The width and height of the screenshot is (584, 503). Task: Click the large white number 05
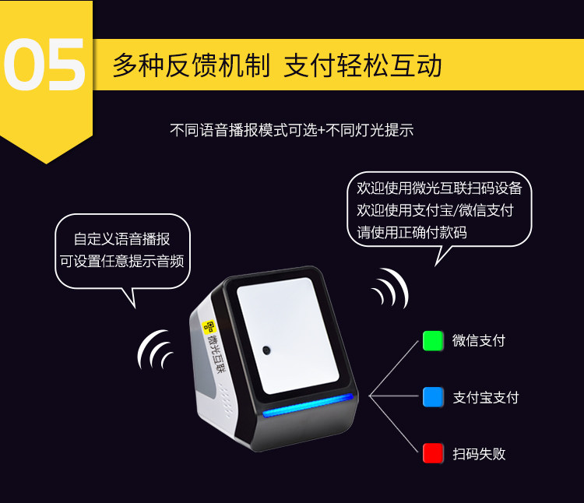click(x=44, y=64)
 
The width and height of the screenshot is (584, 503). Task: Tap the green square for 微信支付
click(x=433, y=341)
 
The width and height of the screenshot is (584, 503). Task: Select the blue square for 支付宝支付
click(x=433, y=397)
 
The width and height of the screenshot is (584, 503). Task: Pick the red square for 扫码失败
click(x=433, y=453)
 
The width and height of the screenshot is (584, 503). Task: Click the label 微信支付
click(x=479, y=341)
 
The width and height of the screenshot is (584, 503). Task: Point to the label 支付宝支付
click(x=486, y=398)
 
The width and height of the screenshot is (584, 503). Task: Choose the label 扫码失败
click(x=479, y=454)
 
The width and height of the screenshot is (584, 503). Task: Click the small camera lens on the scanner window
click(x=266, y=350)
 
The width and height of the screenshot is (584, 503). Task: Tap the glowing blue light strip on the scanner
click(x=308, y=406)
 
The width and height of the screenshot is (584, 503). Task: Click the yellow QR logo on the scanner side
click(x=209, y=327)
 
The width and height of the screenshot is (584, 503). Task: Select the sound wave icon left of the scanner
click(x=154, y=350)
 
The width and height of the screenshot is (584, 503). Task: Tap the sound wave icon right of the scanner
click(x=390, y=288)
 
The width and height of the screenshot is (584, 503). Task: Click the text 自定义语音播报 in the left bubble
click(x=121, y=239)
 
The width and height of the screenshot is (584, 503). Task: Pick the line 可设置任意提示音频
click(x=121, y=261)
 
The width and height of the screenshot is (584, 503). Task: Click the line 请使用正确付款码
click(x=412, y=232)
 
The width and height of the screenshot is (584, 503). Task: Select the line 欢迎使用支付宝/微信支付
click(x=435, y=210)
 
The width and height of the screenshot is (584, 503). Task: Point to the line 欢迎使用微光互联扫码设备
click(x=439, y=188)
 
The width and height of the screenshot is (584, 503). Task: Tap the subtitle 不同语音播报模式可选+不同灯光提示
click(x=292, y=130)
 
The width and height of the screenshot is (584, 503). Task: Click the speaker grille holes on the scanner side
click(x=226, y=401)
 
